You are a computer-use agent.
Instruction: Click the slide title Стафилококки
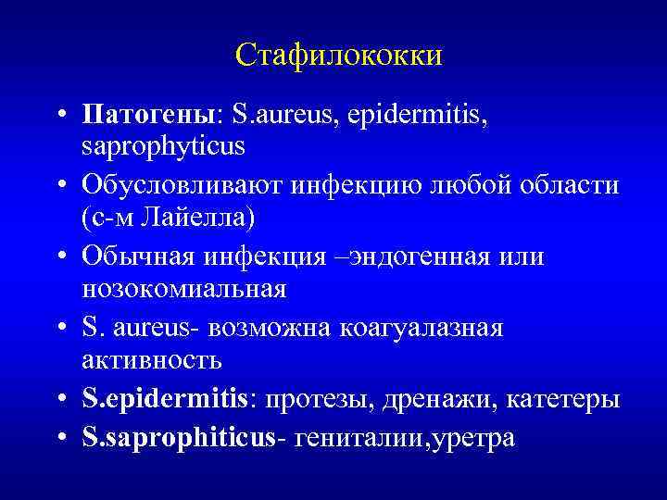339,56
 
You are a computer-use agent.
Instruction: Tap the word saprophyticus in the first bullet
163,145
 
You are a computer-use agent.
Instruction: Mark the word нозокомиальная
184,289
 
